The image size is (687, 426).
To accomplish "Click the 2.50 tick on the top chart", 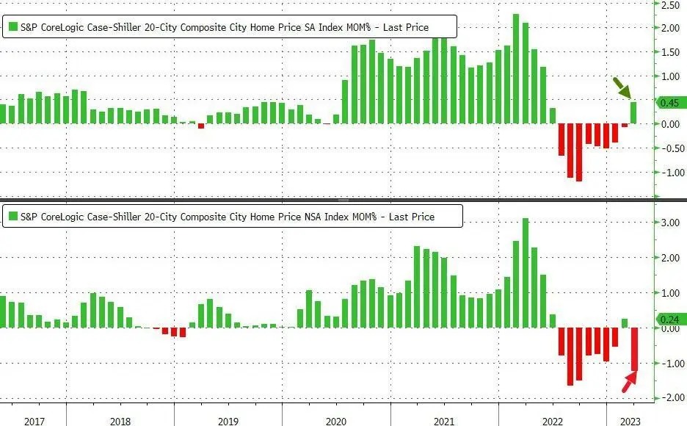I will point(669,5).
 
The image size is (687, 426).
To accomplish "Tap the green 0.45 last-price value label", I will point(670,103).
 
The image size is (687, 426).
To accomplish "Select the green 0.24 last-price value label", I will point(670,319).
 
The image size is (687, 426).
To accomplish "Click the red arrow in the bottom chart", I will point(628,382).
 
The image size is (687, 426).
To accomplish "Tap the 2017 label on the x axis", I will point(35,422).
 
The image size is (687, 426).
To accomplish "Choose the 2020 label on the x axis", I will point(335,422).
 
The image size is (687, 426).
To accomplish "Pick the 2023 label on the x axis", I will point(630,422).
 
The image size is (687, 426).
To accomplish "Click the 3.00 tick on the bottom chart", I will point(669,223).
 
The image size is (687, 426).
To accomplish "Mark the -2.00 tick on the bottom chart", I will point(669,398).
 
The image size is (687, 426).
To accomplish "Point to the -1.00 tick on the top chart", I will point(669,173).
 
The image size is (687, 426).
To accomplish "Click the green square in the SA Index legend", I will point(12,28).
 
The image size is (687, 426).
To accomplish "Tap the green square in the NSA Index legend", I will point(12,217).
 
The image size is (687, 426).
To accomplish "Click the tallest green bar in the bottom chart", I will point(525,272).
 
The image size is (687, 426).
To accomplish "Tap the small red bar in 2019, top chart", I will point(201,126).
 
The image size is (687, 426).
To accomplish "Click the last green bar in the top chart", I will point(633,113).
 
